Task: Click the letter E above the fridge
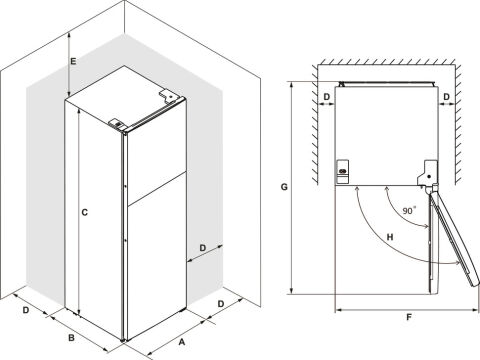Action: pos(73,61)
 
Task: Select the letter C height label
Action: pos(85,212)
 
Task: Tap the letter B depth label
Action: pos(71,338)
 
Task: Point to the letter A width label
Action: pos(182,342)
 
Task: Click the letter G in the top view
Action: pos(284,187)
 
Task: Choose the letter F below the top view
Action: pos(409,317)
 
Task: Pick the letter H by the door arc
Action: pos(390,237)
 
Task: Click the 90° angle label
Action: pos(409,210)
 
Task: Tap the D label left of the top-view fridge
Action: pos(327,97)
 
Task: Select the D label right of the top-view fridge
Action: pos(447,97)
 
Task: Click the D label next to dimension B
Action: pos(26,310)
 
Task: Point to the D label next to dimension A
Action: pos(221,304)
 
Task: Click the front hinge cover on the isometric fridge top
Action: pos(117,123)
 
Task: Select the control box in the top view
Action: pos(342,171)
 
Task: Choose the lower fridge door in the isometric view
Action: pos(157,257)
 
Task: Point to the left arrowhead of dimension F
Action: pos(338,310)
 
